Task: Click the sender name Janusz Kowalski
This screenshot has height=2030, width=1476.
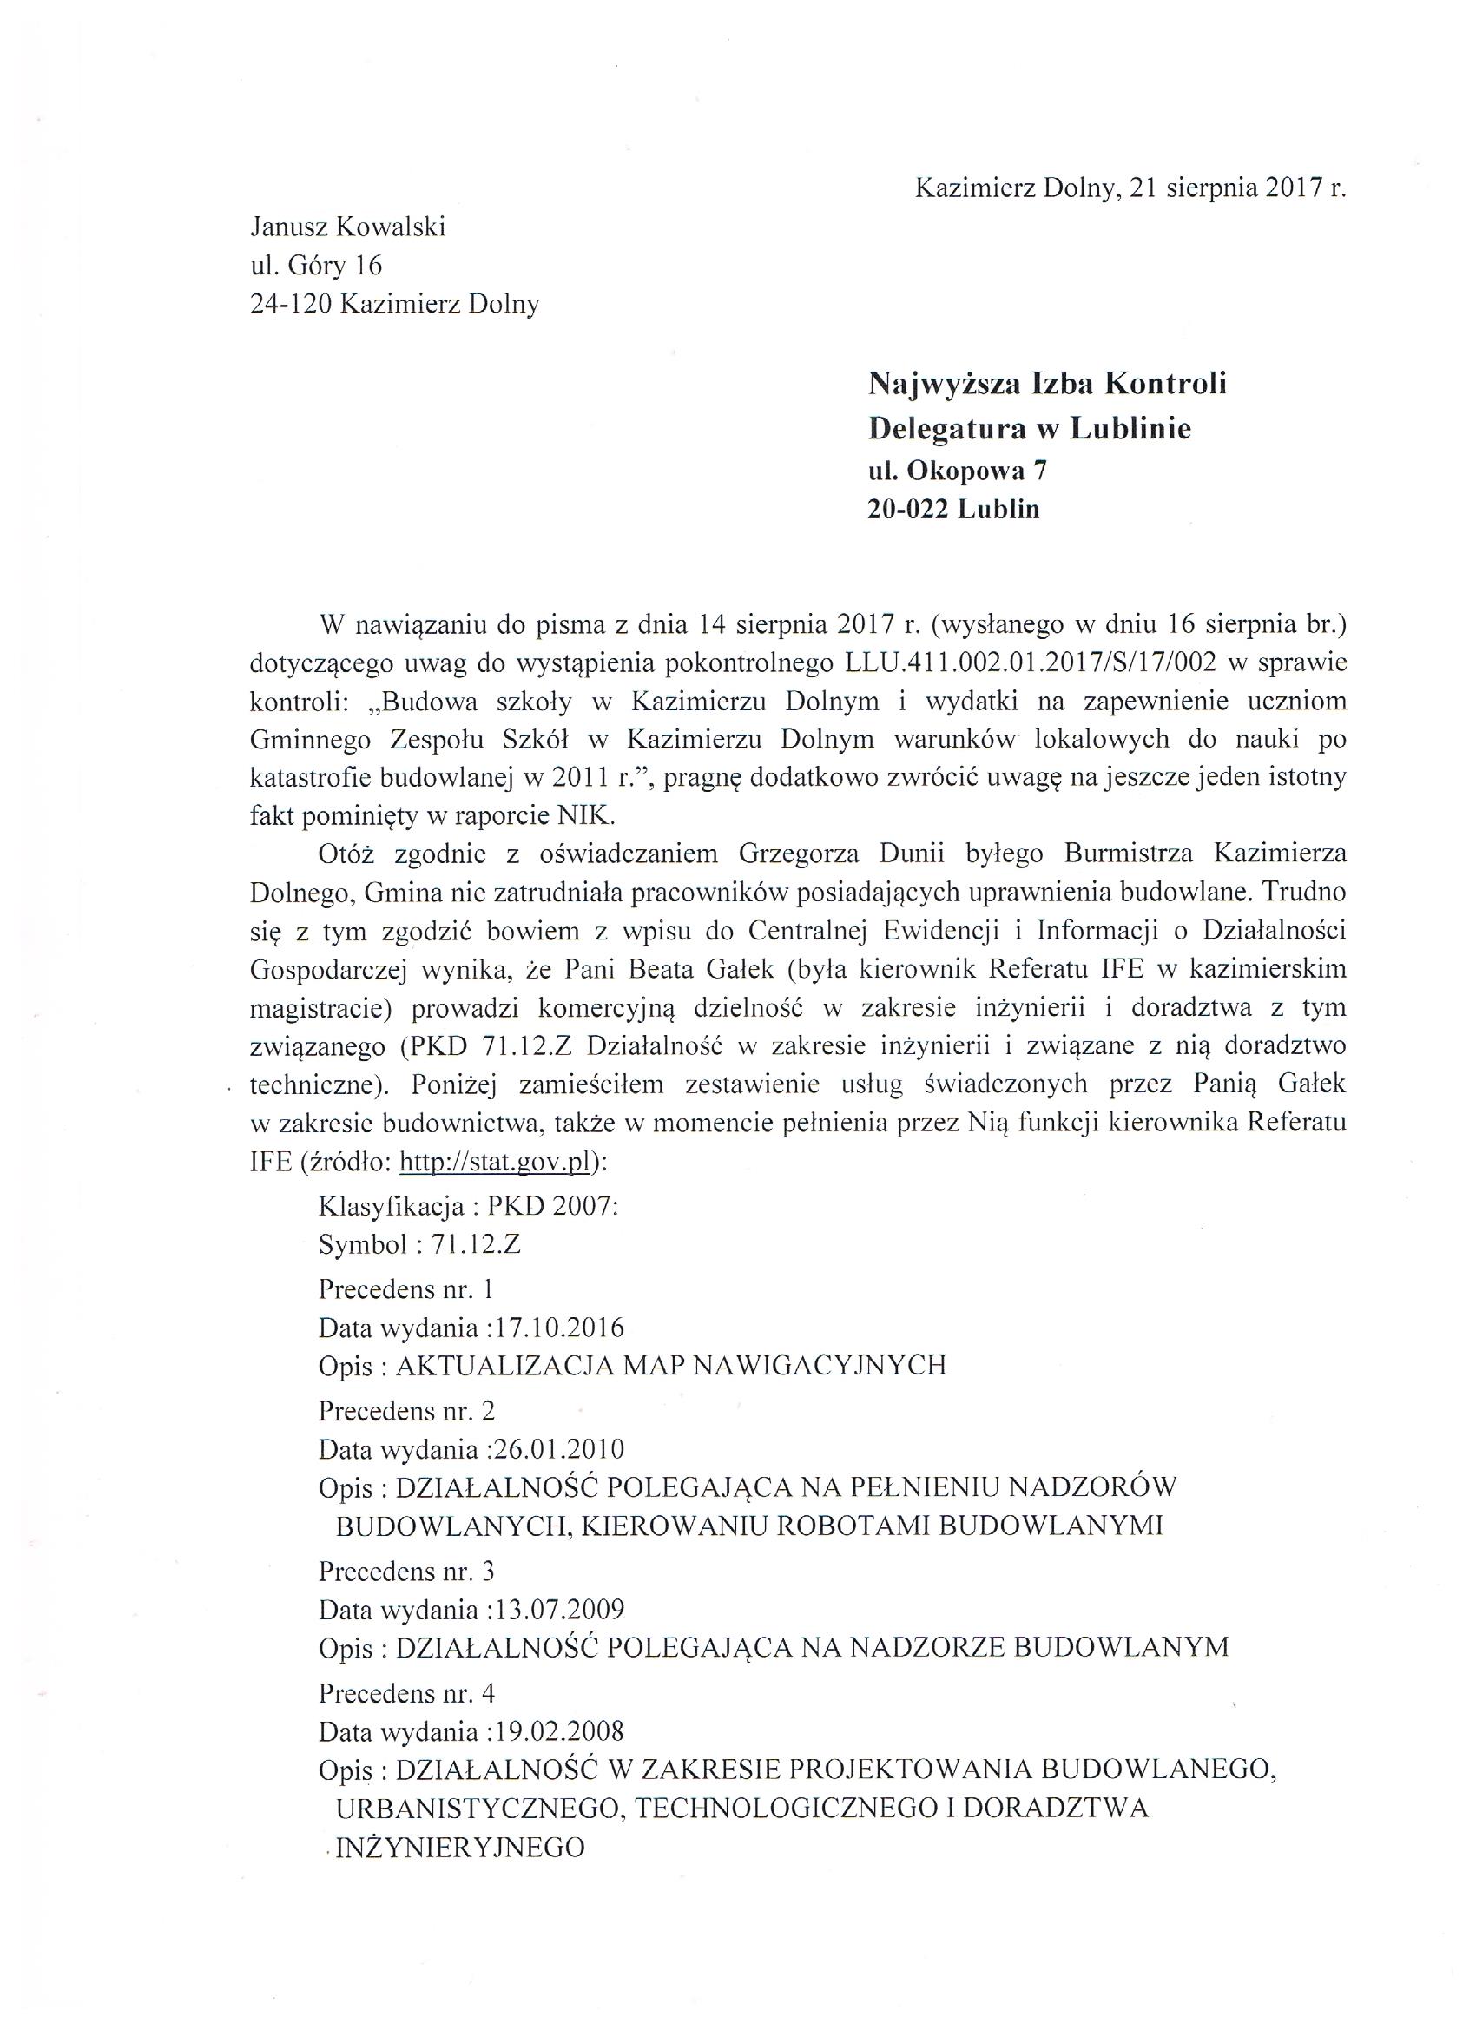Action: (x=347, y=227)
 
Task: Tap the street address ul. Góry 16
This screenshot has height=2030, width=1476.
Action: (x=316, y=266)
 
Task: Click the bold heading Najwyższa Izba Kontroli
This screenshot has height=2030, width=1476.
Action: (x=1046, y=384)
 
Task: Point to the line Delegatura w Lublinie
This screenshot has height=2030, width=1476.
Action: (x=1030, y=429)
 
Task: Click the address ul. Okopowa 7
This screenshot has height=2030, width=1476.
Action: (x=957, y=470)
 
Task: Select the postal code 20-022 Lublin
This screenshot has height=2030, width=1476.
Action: (x=953, y=510)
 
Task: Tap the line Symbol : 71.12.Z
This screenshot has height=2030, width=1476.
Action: (x=418, y=1244)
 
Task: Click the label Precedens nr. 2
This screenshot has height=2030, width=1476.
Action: (x=406, y=1411)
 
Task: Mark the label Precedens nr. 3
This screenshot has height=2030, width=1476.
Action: (x=406, y=1572)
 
